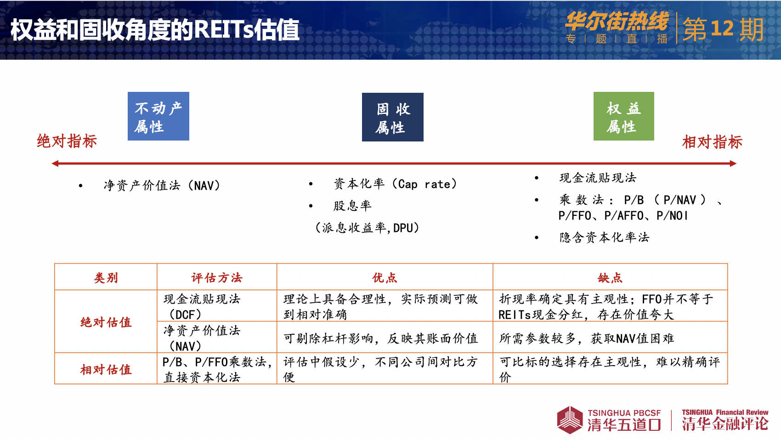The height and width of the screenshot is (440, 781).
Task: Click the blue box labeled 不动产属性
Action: [x=158, y=116]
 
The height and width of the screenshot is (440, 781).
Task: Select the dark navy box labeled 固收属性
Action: [x=393, y=117]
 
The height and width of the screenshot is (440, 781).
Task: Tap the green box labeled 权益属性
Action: [x=624, y=116]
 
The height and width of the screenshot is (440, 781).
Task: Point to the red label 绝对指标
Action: [x=67, y=141]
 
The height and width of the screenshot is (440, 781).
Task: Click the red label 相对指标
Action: [x=712, y=142]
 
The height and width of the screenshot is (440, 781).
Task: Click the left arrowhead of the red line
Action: [x=55, y=164]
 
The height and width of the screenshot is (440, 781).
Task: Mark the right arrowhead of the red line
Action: [x=733, y=164]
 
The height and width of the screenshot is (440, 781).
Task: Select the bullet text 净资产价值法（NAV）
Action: [x=162, y=186]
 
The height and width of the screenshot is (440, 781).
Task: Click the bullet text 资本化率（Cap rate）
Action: [x=396, y=184]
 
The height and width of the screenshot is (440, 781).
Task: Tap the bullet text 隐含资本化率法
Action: [x=604, y=237]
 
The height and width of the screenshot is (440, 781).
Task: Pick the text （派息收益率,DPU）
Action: [x=367, y=228]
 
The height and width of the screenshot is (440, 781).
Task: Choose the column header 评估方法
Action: [x=216, y=278]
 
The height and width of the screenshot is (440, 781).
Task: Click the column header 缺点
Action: [x=610, y=278]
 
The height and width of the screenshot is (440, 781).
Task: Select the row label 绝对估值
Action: [x=106, y=322]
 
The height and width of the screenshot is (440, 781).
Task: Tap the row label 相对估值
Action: [x=106, y=369]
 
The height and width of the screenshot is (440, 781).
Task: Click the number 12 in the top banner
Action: [x=722, y=28]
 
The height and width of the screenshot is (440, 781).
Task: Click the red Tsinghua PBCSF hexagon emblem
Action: [x=570, y=420]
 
